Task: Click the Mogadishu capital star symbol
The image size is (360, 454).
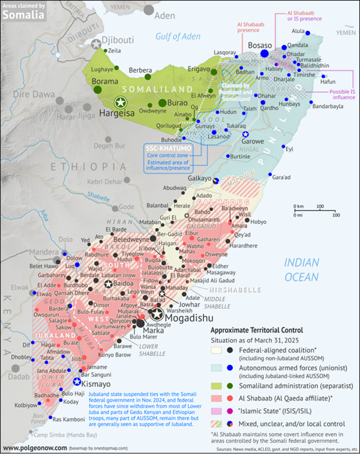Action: click(x=157, y=314)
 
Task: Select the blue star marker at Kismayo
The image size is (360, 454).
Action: click(x=77, y=381)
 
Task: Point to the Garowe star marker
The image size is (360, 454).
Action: click(x=245, y=134)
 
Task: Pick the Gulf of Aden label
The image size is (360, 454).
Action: click(x=178, y=37)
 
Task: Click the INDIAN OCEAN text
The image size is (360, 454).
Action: click(x=302, y=269)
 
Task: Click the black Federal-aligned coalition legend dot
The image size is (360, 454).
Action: click(x=230, y=350)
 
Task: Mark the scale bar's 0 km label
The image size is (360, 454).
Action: click(x=299, y=207)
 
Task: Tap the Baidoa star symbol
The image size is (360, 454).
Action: click(x=108, y=284)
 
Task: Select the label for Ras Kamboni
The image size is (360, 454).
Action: click(x=68, y=419)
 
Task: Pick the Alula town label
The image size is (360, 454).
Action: click(x=298, y=32)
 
